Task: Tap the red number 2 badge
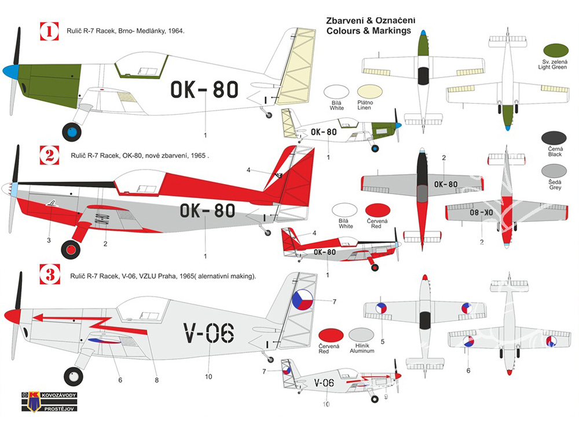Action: (50, 155)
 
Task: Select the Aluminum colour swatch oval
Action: (361, 335)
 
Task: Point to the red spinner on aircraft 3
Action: (12, 316)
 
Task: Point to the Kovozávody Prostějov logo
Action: (52, 401)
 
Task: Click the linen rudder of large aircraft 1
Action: (296, 64)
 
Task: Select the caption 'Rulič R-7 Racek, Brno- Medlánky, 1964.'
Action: (128, 30)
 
